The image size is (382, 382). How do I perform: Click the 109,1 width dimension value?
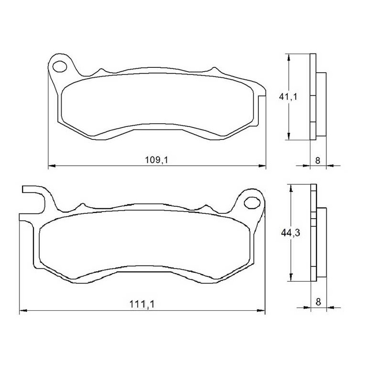(157, 160)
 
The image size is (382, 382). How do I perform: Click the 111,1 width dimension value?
(142, 304)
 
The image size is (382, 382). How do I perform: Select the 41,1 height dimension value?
(288, 97)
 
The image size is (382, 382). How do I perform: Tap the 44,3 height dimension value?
(291, 233)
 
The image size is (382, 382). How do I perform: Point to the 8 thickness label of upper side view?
(318, 160)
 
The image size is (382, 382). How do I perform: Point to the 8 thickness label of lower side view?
(318, 302)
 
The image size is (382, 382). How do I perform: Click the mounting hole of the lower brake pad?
(252, 202)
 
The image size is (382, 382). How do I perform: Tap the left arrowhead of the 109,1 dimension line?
(52, 166)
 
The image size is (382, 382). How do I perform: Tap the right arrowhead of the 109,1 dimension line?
(262, 166)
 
